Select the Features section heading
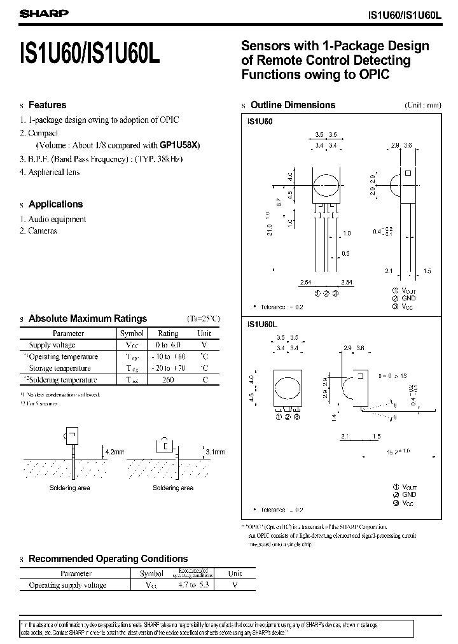point(47,105)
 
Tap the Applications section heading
point(55,204)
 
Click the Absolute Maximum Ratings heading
point(88,318)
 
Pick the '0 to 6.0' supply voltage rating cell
point(168,345)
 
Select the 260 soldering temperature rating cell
point(168,380)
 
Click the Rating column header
point(168,333)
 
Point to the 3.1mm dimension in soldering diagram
point(214,452)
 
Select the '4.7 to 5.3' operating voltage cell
point(185,585)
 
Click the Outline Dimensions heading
point(293,105)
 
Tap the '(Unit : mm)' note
point(422,106)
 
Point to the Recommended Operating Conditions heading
point(108,559)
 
